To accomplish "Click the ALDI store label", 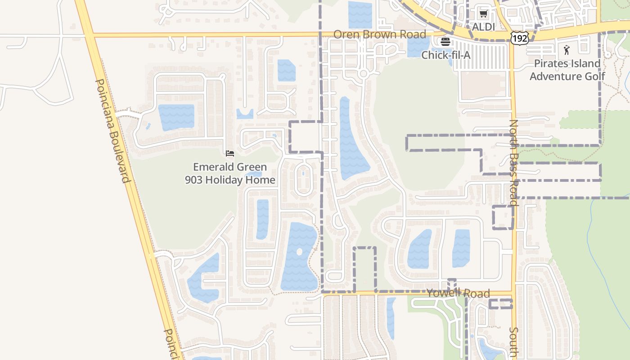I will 483,27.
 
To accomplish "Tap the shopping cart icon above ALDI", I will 483,14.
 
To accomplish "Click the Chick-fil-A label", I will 446,55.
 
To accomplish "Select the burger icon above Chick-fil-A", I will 445,42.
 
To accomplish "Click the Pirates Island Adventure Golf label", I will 567,70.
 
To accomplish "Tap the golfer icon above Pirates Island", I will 567,50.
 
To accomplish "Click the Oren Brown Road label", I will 379,35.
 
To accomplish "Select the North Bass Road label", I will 513,162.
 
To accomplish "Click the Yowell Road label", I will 458,293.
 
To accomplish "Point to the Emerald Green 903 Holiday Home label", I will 230,174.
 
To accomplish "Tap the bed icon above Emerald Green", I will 230,153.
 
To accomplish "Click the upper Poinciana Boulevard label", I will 113,130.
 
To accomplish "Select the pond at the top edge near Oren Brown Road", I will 360,14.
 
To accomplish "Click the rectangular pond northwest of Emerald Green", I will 176,117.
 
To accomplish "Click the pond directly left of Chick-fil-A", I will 418,46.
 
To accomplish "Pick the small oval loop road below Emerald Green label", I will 303,178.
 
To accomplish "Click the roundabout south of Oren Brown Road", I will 364,73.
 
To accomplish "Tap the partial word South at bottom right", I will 513,342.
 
